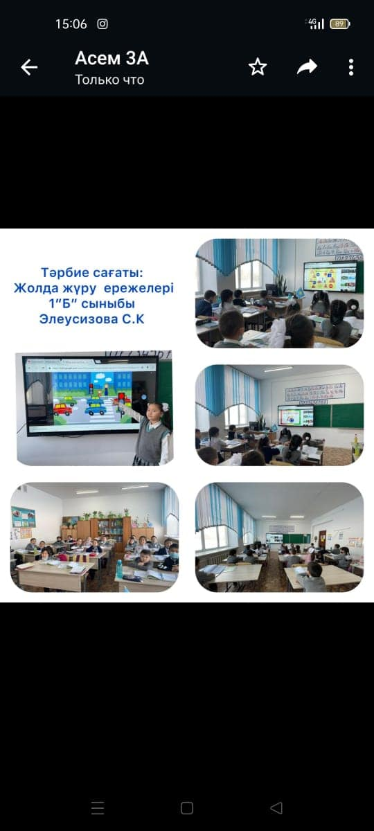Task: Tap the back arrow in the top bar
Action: coord(29,68)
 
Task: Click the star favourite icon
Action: coord(258,66)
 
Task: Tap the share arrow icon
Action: coord(307,66)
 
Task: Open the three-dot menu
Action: coord(351,67)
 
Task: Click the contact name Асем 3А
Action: coord(112,58)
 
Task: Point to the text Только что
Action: coord(109,80)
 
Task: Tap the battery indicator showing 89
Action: coord(340,24)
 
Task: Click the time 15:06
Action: coord(71,24)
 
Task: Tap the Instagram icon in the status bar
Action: coord(103,24)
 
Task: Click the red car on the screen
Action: coord(63,409)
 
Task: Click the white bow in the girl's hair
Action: coord(165,407)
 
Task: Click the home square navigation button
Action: coord(186,808)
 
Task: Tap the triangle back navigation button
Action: coord(276,808)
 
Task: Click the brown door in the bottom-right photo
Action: coord(323,539)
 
